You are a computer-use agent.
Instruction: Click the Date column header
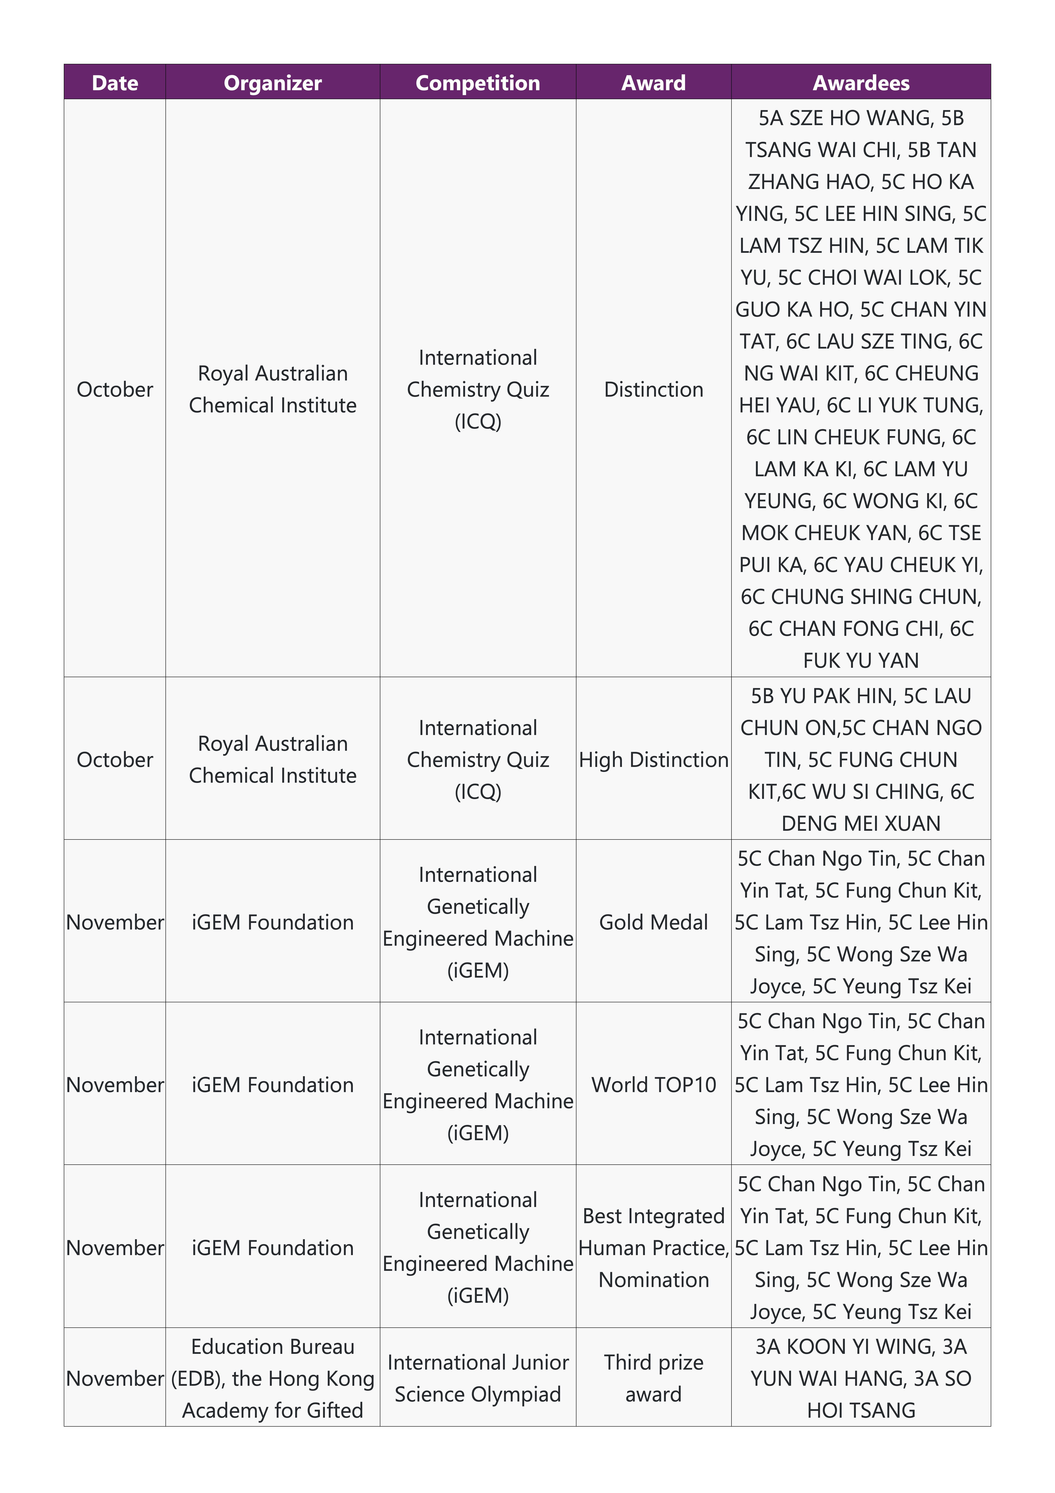point(115,83)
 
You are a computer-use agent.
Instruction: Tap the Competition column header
point(478,83)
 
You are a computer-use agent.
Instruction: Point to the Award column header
point(653,83)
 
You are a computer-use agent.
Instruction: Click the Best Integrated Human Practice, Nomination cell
point(653,1247)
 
